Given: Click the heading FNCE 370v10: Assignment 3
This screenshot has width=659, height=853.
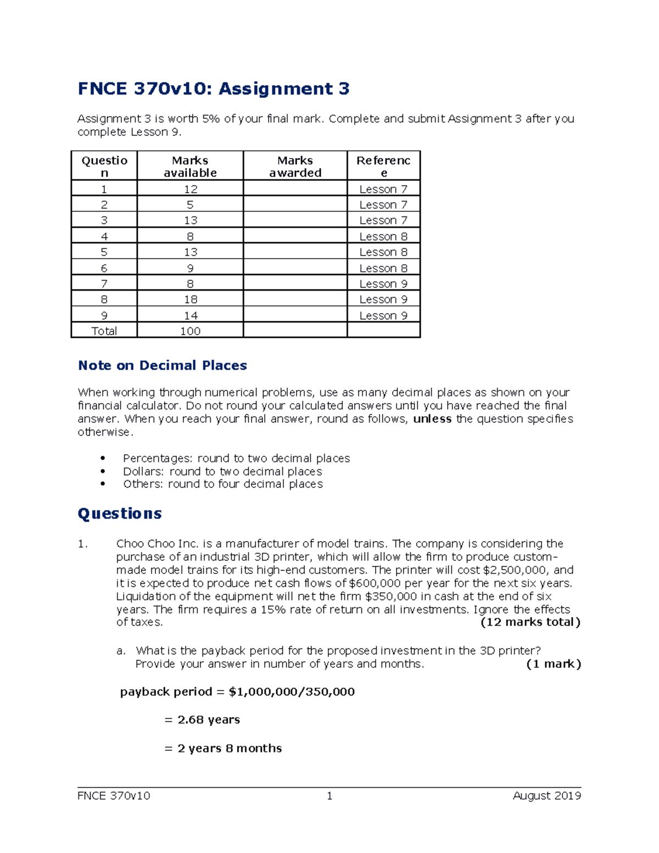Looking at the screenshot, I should (x=214, y=89).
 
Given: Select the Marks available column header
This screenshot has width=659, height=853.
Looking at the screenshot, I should (x=190, y=166).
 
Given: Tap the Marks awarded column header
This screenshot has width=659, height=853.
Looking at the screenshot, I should (x=295, y=166).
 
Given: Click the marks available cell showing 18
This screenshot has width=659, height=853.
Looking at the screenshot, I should (x=190, y=299).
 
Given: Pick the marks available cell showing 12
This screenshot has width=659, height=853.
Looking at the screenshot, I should (x=190, y=189).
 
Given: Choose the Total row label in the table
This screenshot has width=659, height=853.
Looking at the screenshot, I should (x=104, y=331).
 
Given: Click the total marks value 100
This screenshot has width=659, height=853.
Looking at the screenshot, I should (x=190, y=331).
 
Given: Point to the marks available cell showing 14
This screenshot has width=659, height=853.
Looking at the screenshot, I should (x=190, y=315).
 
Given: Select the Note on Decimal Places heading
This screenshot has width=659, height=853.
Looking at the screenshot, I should (x=163, y=366).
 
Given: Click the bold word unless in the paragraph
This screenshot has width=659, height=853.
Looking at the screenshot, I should (x=432, y=419).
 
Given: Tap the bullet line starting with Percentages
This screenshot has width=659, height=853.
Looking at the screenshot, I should (x=236, y=458).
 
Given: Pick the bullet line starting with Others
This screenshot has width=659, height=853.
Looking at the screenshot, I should (x=222, y=484).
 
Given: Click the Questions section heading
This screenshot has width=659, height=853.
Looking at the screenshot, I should (x=120, y=514).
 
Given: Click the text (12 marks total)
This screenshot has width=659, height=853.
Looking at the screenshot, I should (x=530, y=622).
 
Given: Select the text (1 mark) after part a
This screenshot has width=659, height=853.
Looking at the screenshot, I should (x=553, y=664).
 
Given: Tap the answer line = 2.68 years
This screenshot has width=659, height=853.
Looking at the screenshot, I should (x=202, y=720).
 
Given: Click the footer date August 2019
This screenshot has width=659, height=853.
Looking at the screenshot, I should (x=546, y=796).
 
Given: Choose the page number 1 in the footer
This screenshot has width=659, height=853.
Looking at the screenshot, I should (x=329, y=796).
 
